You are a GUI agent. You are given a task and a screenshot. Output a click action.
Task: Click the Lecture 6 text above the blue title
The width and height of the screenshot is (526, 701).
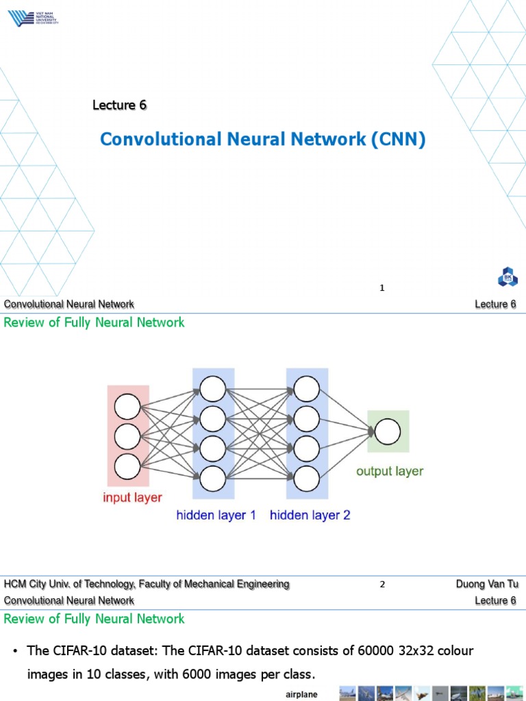pos(120,105)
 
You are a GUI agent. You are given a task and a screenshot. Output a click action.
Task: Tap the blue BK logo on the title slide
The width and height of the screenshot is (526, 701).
pos(508,277)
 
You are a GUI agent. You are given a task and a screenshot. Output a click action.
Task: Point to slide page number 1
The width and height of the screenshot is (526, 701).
pos(382,288)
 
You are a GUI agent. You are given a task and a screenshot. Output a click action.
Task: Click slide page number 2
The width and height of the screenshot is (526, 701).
pos(382,584)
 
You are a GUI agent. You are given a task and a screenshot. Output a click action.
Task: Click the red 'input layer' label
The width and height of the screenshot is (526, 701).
pos(132,497)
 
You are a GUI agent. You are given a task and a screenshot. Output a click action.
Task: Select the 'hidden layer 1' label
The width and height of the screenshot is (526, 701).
pos(216,515)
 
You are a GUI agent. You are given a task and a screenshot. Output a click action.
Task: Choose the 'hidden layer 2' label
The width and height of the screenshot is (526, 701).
pos(310,515)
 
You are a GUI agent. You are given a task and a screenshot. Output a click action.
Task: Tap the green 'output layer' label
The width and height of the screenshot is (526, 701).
pos(389,471)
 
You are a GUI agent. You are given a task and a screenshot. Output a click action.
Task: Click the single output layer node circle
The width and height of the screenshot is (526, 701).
pos(388,431)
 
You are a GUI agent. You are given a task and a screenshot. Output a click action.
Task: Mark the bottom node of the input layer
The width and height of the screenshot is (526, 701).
pos(127,466)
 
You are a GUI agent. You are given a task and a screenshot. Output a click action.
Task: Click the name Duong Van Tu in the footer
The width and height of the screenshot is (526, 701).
pos(486,584)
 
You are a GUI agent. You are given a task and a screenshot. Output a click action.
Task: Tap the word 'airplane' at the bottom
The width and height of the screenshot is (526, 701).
pos(301,695)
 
